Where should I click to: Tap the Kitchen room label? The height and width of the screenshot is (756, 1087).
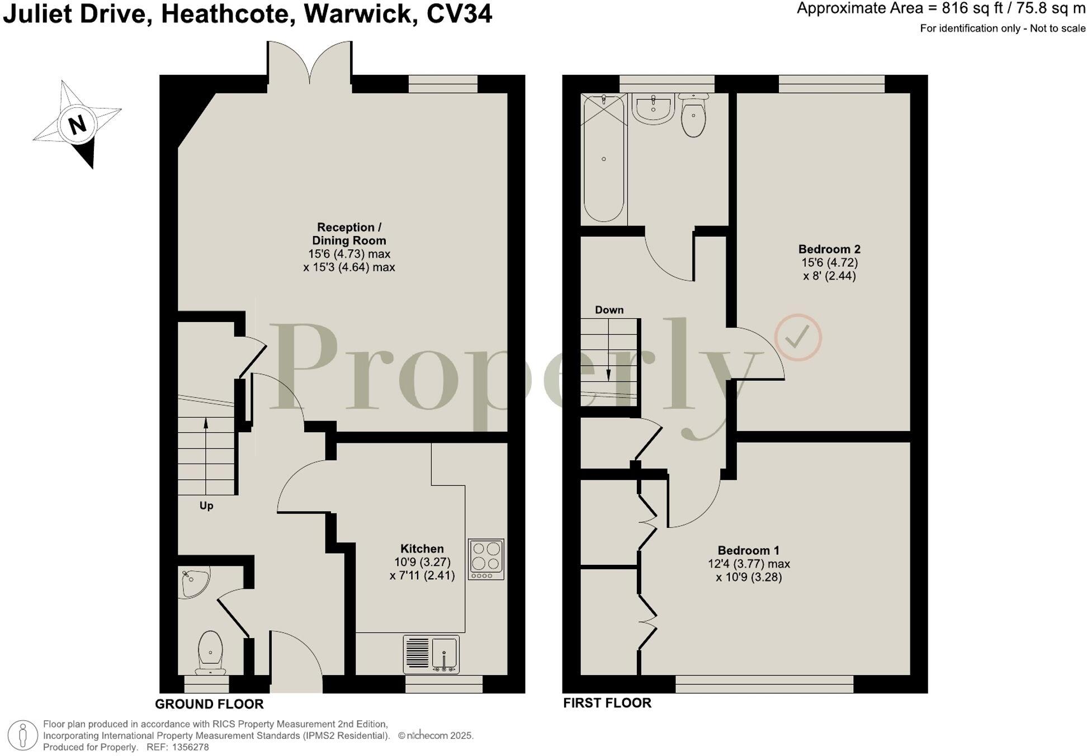[x=422, y=549]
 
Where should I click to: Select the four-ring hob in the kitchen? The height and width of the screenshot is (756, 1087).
[x=486, y=559]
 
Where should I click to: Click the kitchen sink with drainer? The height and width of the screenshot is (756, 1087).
[x=431, y=654]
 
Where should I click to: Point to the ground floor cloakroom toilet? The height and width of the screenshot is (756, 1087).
[x=211, y=653]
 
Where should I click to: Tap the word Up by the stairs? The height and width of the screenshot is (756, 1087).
[x=206, y=505]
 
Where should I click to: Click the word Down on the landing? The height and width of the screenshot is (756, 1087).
[x=609, y=310]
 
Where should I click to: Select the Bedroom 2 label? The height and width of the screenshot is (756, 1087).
[x=829, y=249]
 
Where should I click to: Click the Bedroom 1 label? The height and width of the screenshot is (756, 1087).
[x=748, y=550]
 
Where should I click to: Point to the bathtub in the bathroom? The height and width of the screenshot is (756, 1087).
[x=604, y=158]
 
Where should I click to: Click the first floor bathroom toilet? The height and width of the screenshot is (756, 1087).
[x=693, y=114]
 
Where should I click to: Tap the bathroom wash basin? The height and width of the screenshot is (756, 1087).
[x=653, y=108]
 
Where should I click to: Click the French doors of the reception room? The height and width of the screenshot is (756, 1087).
[x=309, y=63]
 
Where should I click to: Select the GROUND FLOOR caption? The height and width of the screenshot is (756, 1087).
[x=209, y=704]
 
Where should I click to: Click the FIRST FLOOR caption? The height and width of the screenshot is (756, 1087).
[x=607, y=703]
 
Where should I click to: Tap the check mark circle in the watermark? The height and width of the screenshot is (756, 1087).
[x=798, y=337]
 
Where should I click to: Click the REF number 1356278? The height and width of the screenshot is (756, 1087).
[x=191, y=747]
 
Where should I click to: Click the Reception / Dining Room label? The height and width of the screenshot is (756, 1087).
[x=349, y=234]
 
